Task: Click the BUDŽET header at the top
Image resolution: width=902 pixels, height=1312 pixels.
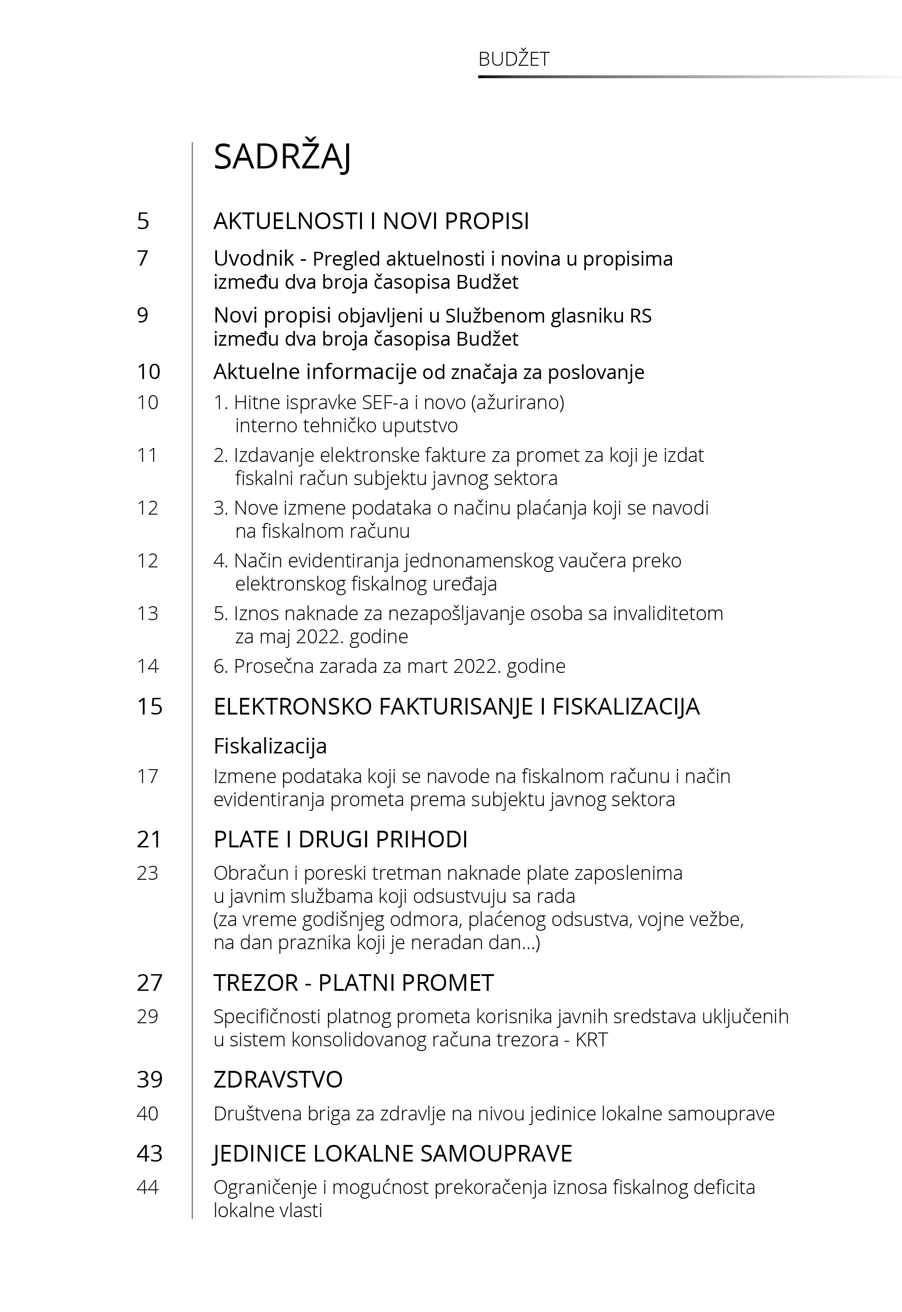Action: point(513,59)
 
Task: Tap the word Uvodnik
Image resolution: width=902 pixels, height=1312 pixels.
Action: point(254,259)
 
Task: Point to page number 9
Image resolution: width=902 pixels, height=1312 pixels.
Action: point(143,315)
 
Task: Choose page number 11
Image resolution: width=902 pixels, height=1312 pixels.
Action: point(147,455)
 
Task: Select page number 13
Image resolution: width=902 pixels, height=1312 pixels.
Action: point(147,613)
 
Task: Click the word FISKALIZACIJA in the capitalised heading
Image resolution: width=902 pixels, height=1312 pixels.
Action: point(626,707)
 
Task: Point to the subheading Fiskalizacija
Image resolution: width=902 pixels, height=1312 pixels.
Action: point(270,746)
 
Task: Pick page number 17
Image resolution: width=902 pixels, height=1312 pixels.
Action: point(147,777)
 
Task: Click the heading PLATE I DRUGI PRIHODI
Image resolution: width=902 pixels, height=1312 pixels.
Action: point(340,839)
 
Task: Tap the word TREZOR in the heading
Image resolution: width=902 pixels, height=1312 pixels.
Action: point(255,983)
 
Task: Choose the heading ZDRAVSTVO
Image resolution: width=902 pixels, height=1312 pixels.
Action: point(278,1080)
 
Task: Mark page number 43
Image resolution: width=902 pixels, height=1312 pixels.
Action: point(149,1153)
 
